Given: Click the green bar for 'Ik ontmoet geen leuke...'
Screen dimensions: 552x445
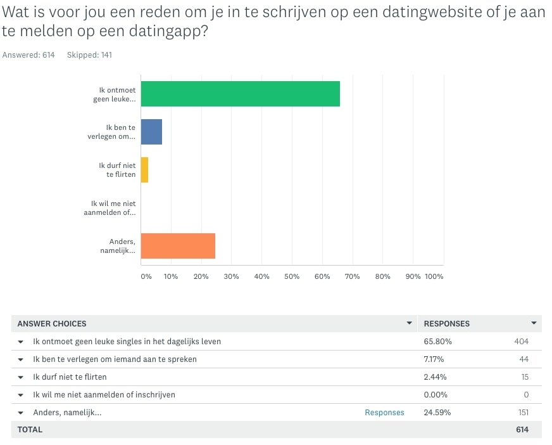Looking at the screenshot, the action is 241,94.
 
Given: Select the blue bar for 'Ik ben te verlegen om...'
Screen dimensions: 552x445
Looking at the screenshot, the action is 152,132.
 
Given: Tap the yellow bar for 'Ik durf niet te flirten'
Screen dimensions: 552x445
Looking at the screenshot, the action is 145,170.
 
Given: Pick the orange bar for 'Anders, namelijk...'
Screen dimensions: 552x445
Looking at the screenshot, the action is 178,246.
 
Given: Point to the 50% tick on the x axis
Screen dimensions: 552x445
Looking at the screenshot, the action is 292,276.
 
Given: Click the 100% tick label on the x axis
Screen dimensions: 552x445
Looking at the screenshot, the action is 434,276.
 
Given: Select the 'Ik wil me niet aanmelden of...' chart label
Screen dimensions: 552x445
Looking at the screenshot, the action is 110,208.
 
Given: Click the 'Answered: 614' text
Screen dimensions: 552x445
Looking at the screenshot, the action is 28,55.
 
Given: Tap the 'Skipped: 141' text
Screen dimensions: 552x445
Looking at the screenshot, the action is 89,55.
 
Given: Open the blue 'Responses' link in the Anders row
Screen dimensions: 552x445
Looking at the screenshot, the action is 384,413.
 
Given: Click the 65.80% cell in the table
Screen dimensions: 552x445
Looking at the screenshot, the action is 437,341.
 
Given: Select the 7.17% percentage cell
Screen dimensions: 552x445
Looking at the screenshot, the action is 434,359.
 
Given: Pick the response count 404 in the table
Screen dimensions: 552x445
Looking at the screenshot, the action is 522,341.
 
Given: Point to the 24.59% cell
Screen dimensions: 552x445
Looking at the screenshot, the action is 437,413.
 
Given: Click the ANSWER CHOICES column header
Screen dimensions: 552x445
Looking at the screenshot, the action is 52,324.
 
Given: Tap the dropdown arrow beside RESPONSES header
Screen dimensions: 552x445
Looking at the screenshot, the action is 534,323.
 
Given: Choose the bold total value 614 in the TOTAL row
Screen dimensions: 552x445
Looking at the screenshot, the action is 522,430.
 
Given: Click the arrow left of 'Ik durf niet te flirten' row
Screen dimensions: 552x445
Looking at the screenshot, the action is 21,377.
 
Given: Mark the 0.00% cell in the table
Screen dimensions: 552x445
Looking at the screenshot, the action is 436,394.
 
